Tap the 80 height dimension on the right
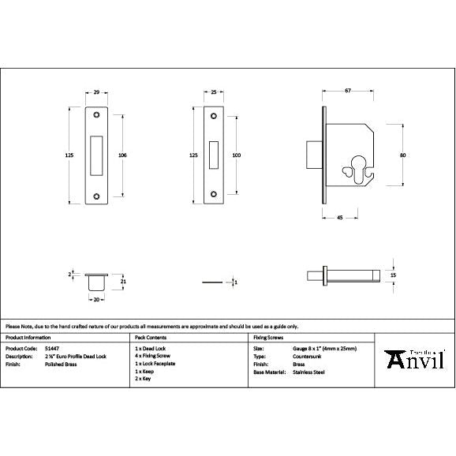403,155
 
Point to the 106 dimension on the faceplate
121,155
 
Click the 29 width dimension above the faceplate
96,93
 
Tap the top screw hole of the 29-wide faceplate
96,116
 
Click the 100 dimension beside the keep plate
236,155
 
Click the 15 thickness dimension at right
404,275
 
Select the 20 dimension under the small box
96,300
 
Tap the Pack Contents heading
152,336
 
